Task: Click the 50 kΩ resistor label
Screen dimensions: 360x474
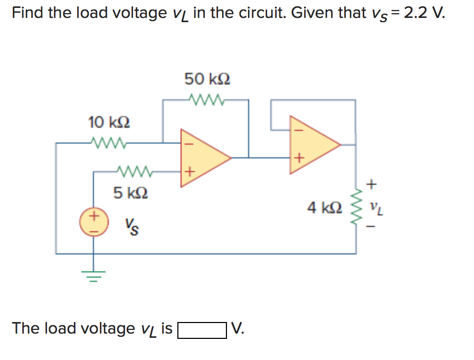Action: [207, 80]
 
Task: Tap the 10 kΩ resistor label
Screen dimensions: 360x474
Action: [109, 123]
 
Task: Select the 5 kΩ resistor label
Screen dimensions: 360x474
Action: [130, 192]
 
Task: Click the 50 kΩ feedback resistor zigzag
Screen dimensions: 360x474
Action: [207, 99]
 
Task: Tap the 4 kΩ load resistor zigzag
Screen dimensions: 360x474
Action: [356, 207]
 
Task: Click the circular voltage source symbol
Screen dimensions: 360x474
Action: [94, 222]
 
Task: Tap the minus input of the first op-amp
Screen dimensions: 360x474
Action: [188, 143]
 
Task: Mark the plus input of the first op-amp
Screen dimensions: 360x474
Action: [188, 172]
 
